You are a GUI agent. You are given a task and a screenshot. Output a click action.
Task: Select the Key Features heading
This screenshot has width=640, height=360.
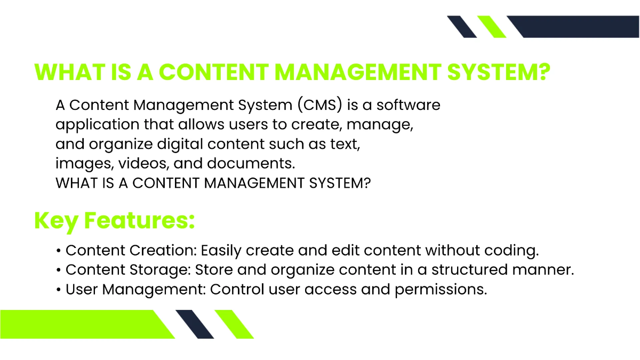(x=114, y=220)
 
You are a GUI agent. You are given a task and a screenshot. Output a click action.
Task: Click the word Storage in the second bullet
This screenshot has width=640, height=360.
(x=161, y=270)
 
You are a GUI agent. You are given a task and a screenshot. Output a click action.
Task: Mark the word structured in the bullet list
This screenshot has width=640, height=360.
(x=462, y=270)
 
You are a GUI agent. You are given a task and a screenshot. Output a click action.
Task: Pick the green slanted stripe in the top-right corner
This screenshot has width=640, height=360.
(x=492, y=27)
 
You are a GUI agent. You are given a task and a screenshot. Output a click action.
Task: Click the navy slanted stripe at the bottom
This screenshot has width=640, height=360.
(x=195, y=324)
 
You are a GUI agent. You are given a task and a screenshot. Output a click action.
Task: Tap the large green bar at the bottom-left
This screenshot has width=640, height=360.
(x=80, y=324)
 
